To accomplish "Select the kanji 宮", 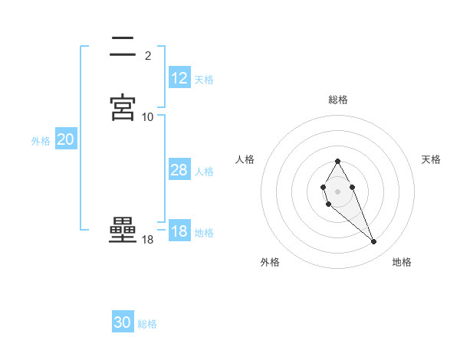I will point(123,108).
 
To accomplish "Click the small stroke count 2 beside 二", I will point(147,55).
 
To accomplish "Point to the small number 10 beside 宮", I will point(148,116).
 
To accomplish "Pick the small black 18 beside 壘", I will point(148,240).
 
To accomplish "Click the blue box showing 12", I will point(179,78).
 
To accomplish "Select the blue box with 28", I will point(179,170).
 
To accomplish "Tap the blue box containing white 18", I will point(179,231).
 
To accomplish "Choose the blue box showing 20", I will point(66,139).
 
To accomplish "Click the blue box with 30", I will point(123,322).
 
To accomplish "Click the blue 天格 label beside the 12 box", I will point(204,80).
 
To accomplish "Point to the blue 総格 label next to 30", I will point(147,324).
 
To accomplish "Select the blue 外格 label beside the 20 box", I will point(41,141).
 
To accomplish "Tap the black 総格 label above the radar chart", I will point(338,100).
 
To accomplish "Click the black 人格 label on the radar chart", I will point(245,159).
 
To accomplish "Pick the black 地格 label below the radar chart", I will point(402,262).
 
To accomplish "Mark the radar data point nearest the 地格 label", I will point(374,242).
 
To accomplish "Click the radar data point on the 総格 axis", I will point(338,161).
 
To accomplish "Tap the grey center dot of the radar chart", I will point(338,191).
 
